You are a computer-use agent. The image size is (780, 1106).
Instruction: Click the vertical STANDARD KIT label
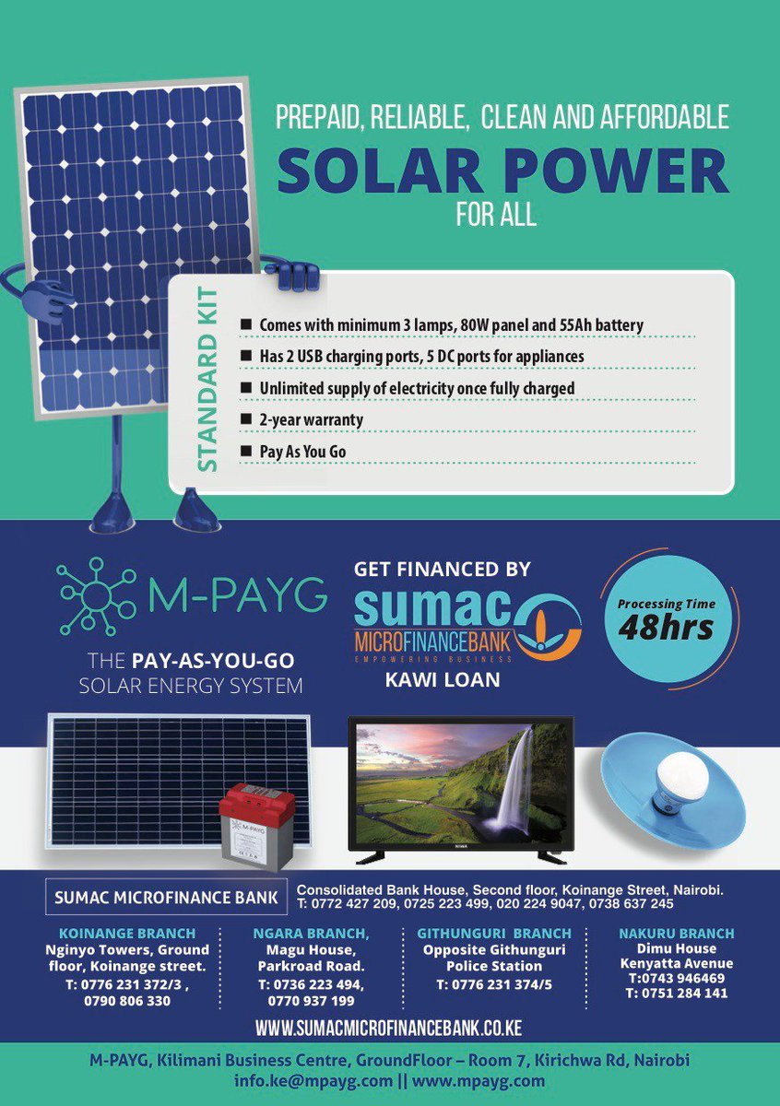(209, 381)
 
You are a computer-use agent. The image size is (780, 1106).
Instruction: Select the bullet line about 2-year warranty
(312, 419)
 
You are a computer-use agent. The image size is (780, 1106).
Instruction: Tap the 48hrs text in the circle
(667, 629)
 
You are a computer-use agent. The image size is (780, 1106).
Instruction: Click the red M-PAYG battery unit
(256, 824)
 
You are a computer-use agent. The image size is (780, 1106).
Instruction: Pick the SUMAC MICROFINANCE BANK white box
(166, 896)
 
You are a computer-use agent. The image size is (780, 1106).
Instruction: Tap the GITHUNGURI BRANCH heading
(493, 933)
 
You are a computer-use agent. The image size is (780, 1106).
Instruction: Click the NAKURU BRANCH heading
(676, 933)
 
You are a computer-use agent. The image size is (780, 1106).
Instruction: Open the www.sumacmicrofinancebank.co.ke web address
(388, 1027)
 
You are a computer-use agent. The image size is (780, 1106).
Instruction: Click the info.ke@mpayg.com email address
(313, 1080)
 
